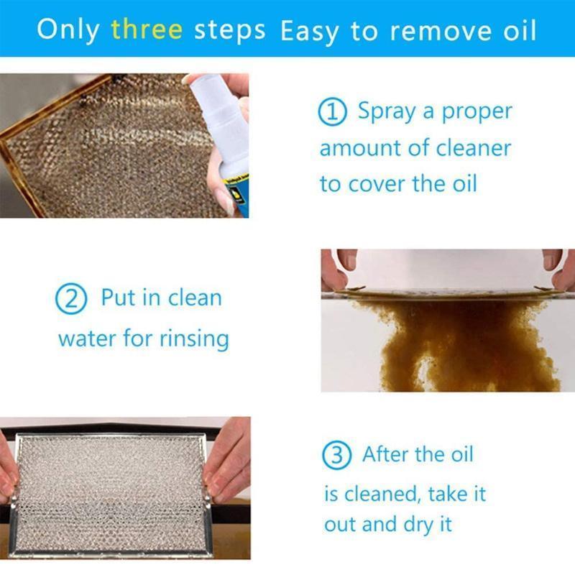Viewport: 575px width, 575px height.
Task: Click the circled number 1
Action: point(333,112)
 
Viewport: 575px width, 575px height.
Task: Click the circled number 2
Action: point(70,299)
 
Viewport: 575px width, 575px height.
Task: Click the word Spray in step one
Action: point(388,112)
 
